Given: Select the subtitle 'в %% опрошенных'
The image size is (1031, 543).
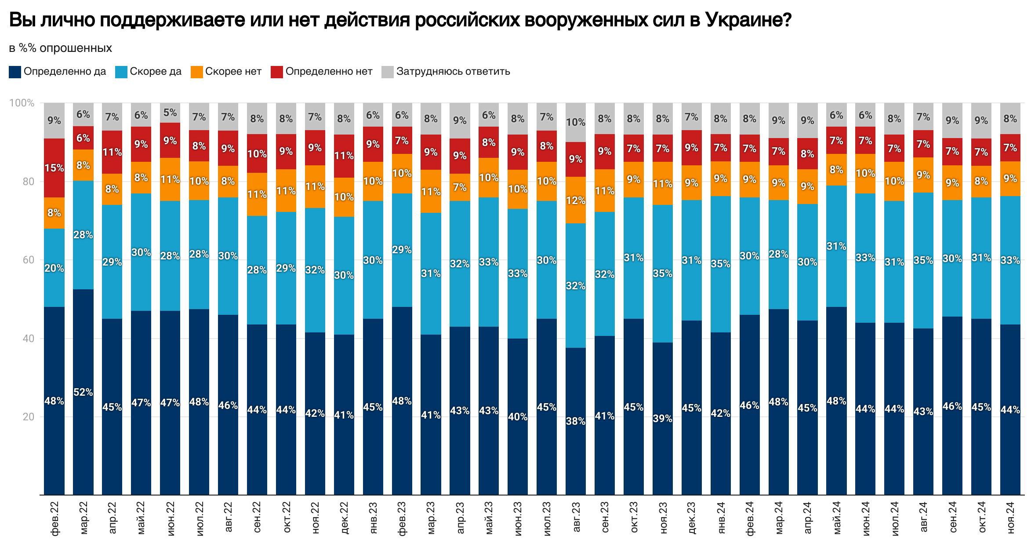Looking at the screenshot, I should pyautogui.click(x=61, y=48).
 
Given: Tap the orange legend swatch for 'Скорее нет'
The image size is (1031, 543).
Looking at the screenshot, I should pyautogui.click(x=197, y=72).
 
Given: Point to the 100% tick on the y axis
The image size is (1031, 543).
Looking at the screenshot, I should pyautogui.click(x=22, y=103).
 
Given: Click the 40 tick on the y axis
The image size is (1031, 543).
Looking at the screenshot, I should pyautogui.click(x=28, y=339).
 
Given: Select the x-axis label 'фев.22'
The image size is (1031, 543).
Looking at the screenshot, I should pyautogui.click(x=54, y=519).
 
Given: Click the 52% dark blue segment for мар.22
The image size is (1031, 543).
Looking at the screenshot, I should pyautogui.click(x=83, y=392).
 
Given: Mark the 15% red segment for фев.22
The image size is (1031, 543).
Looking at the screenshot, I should pyautogui.click(x=54, y=168).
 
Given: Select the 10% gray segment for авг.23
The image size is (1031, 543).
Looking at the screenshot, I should pyautogui.click(x=576, y=122).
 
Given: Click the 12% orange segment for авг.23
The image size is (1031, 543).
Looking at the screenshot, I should pyautogui.click(x=576, y=200).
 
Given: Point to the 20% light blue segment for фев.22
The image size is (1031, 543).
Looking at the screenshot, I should pyautogui.click(x=54, y=268).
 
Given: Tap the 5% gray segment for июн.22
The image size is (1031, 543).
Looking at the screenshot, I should pyautogui.click(x=170, y=113).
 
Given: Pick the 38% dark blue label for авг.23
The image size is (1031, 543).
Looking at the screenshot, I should pyautogui.click(x=576, y=421).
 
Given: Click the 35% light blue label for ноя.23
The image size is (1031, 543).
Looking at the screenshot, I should pyautogui.click(x=662, y=273).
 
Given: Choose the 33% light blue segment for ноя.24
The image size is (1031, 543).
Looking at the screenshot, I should pyautogui.click(x=1010, y=260).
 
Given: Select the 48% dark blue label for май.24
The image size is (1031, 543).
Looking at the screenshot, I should pyautogui.click(x=836, y=401).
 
